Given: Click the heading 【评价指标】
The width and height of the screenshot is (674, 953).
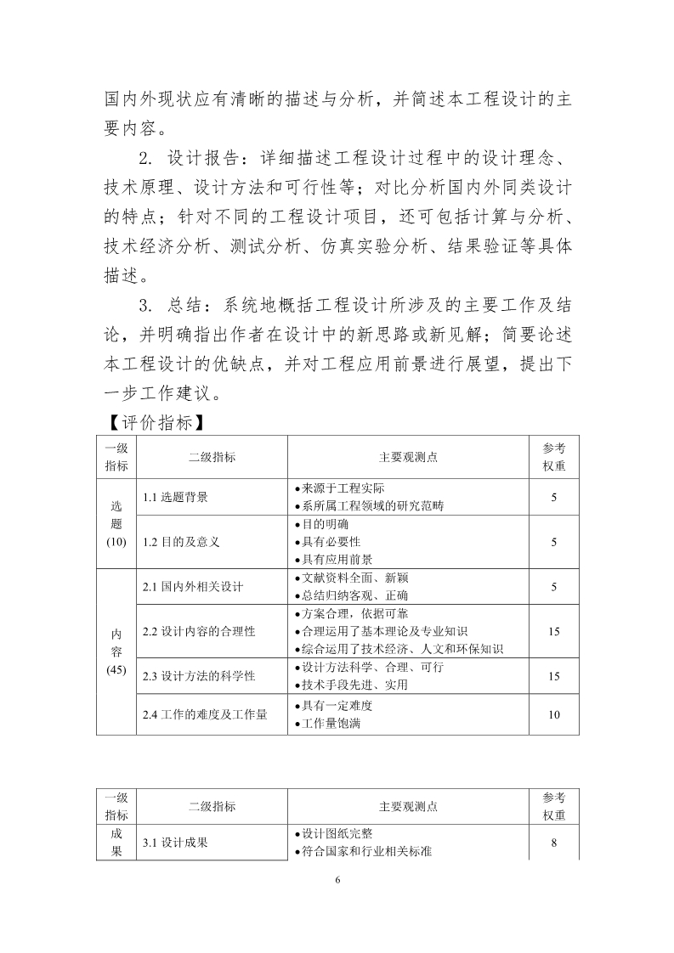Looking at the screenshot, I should [150, 422].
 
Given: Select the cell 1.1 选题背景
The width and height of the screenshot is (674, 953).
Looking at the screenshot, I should [175, 497].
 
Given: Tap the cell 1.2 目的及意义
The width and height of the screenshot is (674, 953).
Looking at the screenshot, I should [181, 541].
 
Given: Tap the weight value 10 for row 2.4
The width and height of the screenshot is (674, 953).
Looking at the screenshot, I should [553, 714].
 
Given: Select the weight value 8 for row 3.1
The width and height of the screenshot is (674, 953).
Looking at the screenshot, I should [553, 843].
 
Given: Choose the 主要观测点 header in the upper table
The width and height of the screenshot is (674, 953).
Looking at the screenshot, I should [408, 457].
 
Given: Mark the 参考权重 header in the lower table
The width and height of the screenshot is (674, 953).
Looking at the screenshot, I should [553, 806].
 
